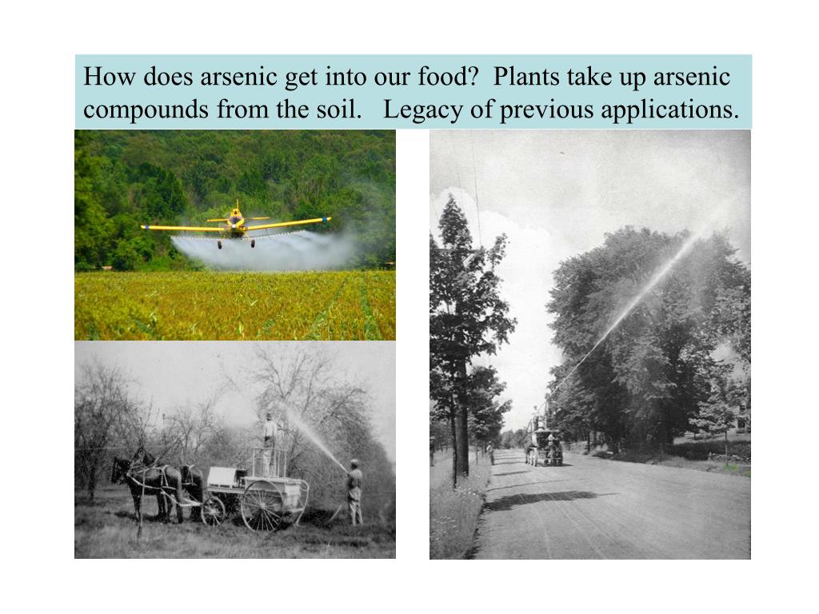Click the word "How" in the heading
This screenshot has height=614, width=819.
tap(104, 78)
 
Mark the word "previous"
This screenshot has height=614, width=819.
tap(540, 110)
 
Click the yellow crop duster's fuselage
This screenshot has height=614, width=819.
tap(235, 224)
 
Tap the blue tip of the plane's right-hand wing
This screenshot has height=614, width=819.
tap(326, 218)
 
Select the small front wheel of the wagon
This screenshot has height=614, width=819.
tap(213, 510)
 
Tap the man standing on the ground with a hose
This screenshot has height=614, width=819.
tap(354, 491)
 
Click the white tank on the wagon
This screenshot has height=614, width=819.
tap(225, 478)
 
